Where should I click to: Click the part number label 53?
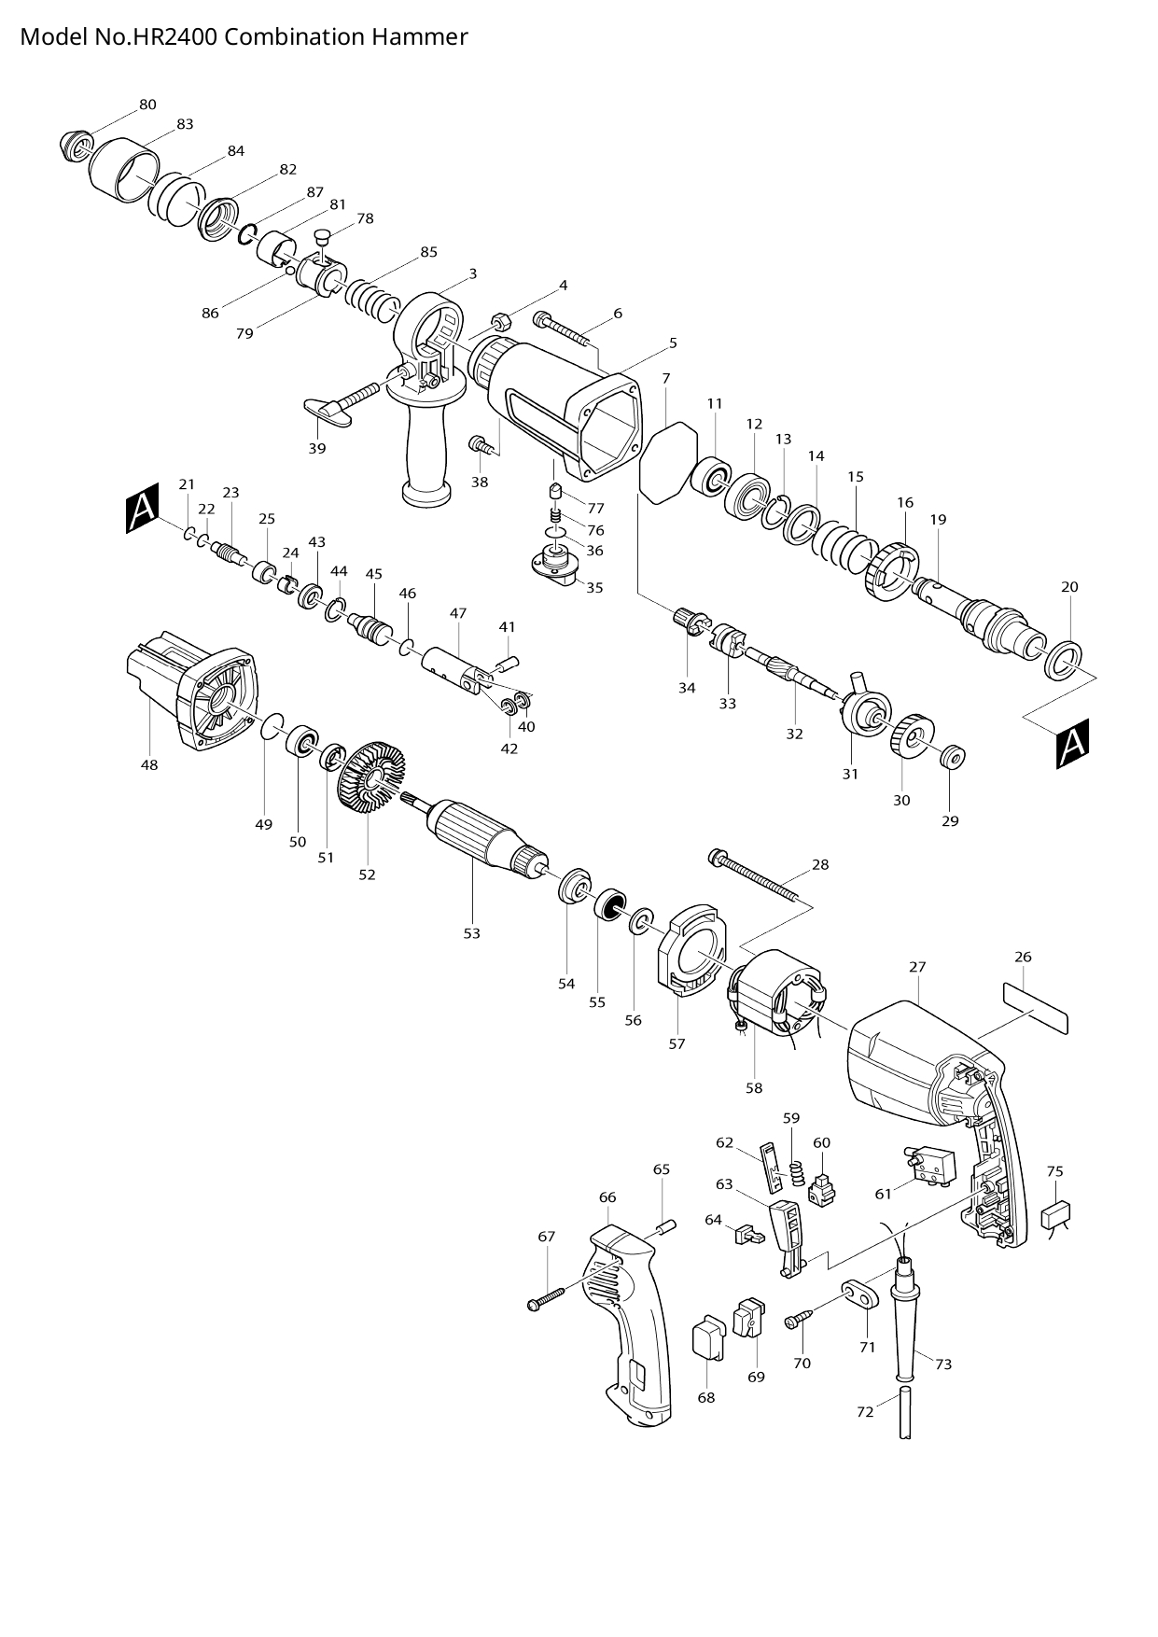[472, 933]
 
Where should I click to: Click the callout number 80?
[147, 105]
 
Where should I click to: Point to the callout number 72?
[865, 1412]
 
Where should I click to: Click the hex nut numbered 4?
[500, 321]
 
